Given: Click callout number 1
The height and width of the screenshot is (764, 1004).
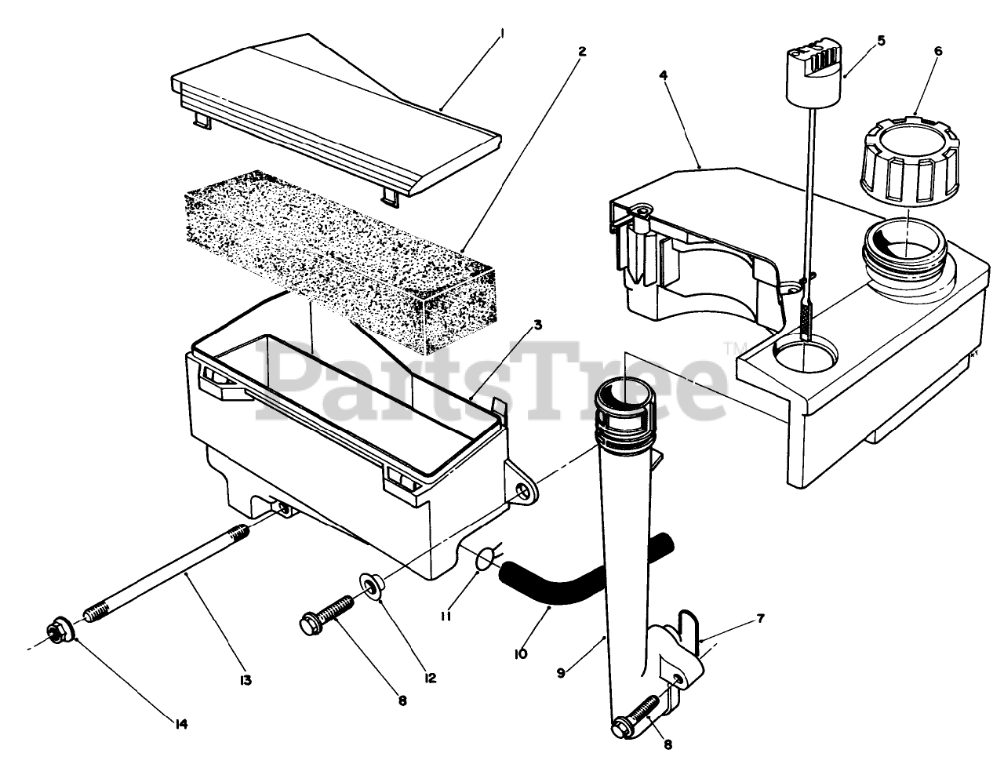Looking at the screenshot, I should coord(503,34).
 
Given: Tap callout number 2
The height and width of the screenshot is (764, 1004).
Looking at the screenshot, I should coord(581,51).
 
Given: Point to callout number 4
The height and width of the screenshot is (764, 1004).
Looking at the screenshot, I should coord(664,75).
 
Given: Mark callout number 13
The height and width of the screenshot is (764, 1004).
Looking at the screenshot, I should coord(245,680).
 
